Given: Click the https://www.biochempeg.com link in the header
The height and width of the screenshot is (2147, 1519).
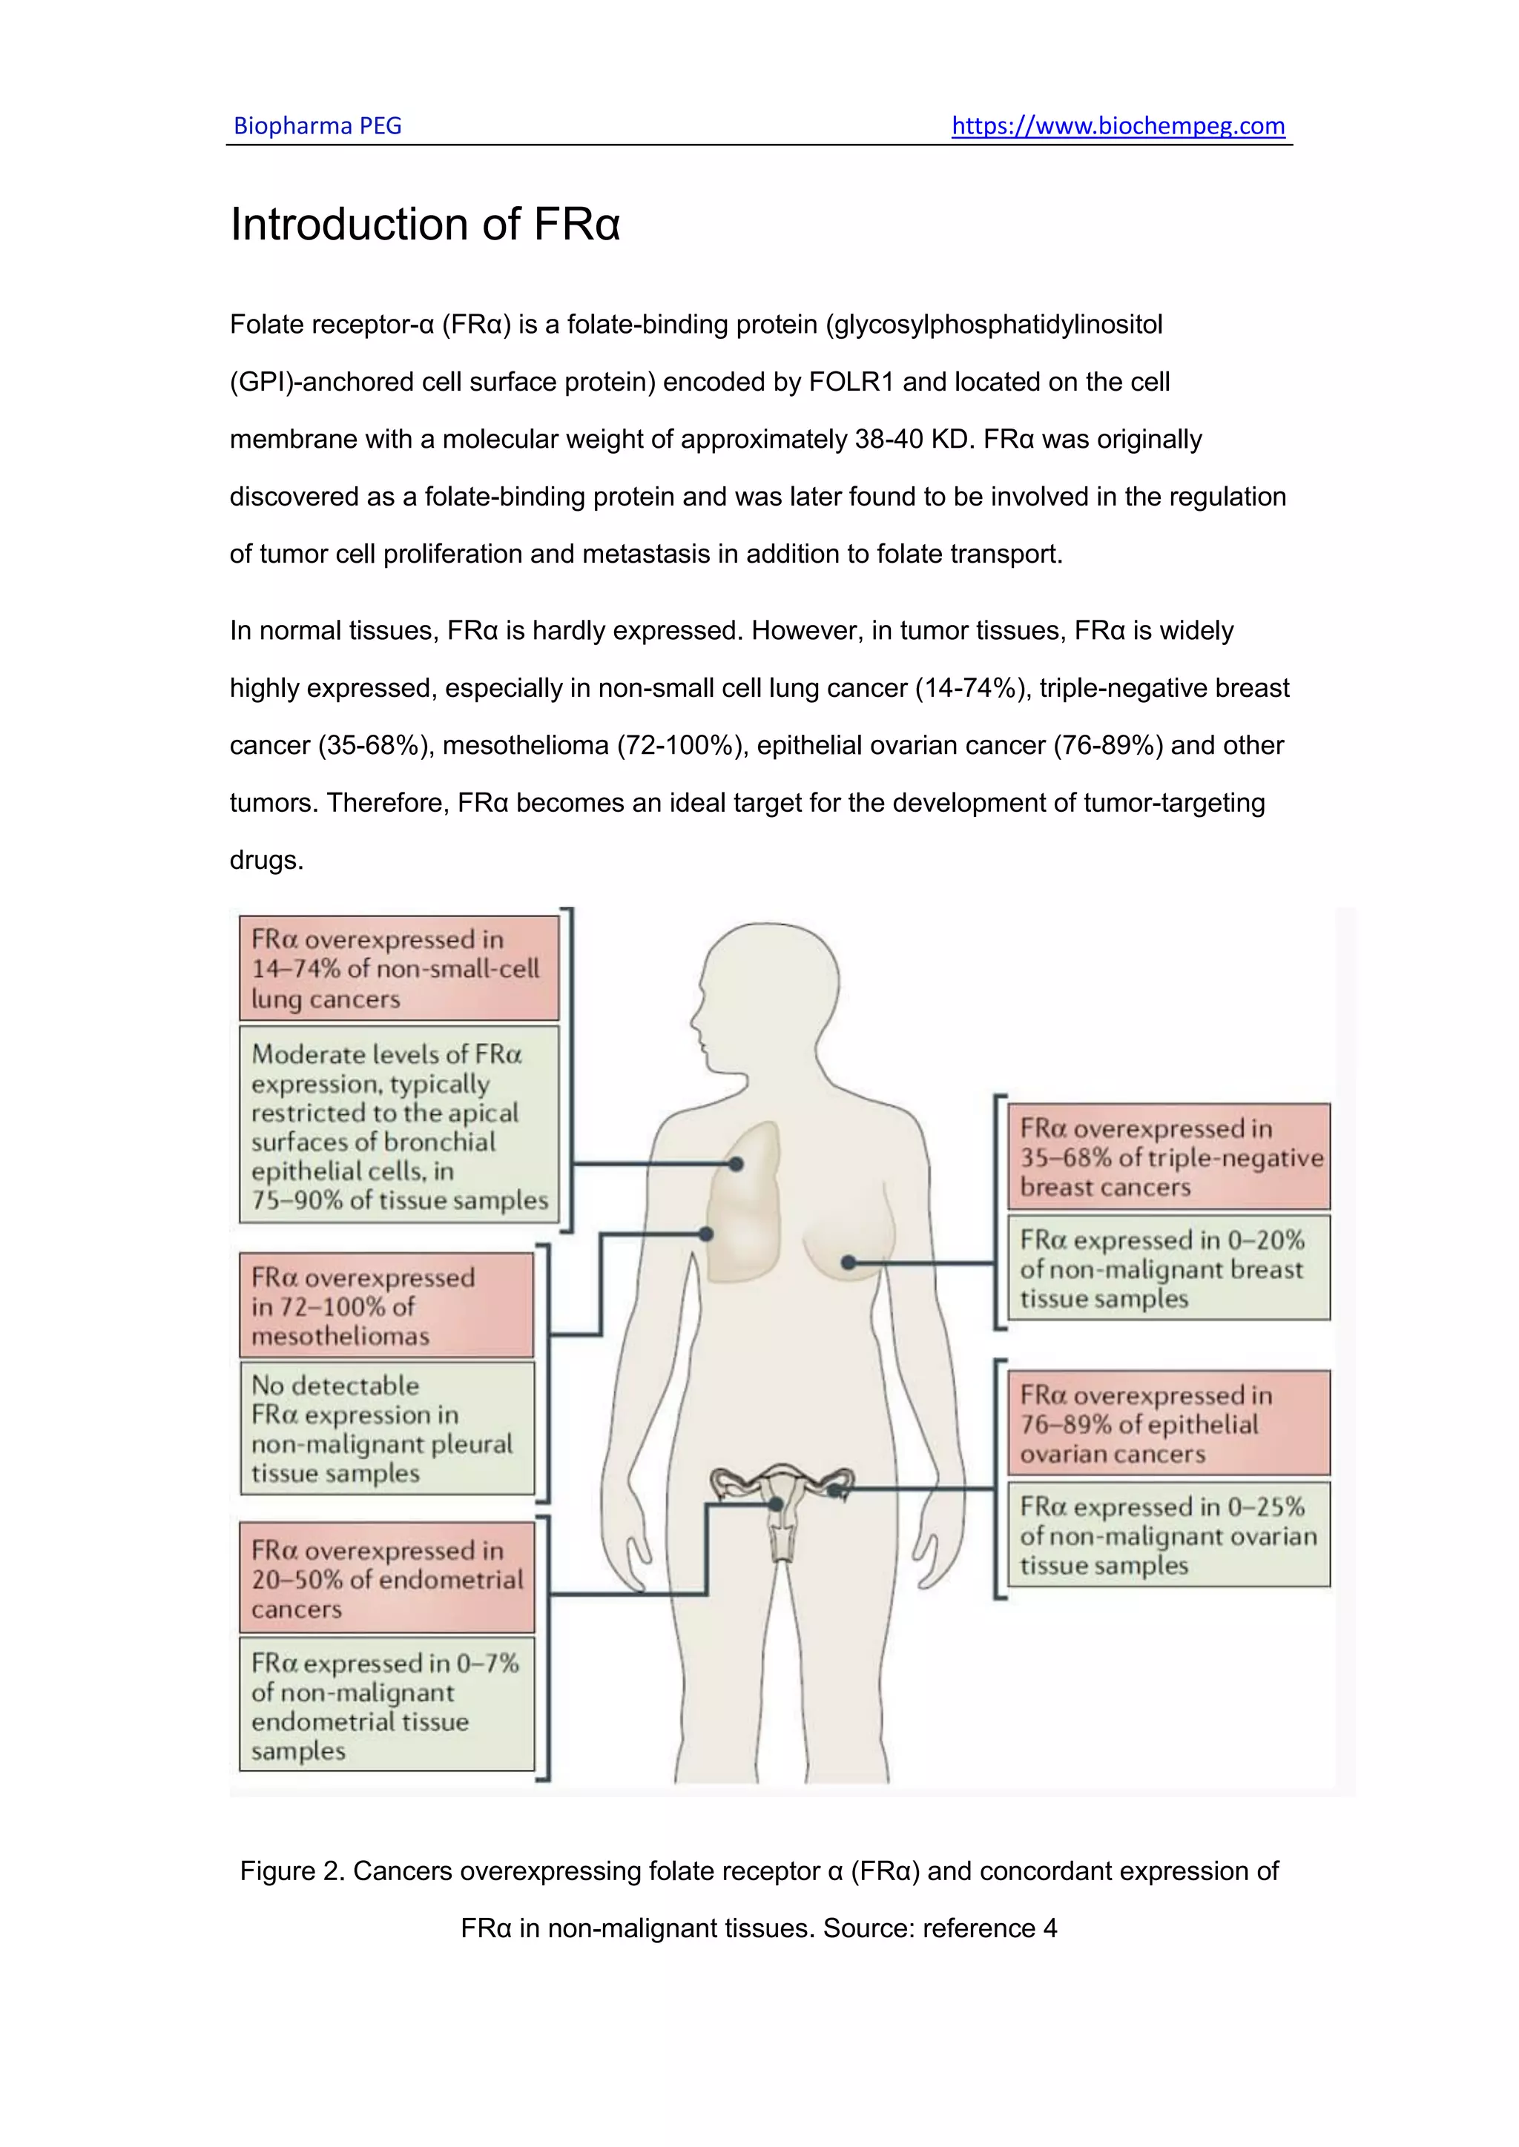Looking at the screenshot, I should (1118, 125).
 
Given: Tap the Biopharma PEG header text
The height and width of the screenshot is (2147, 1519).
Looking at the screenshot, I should (317, 125).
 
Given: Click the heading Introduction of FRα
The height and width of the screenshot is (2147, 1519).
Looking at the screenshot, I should (425, 225).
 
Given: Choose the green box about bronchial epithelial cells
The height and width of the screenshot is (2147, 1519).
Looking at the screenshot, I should (399, 1126).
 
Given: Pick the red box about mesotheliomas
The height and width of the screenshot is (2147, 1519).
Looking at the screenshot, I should (386, 1306).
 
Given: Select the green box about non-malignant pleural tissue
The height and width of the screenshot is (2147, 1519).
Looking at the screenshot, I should (386, 1429).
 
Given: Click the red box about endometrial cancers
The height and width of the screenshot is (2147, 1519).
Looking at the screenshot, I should (386, 1578).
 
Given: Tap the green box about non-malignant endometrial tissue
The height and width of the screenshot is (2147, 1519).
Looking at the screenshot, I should (386, 1704).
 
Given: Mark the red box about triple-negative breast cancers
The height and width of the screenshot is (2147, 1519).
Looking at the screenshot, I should (1169, 1157).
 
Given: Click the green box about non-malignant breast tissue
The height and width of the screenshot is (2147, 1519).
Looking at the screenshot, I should (1169, 1268).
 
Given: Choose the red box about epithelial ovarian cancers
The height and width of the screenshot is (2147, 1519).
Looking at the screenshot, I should (1169, 1423).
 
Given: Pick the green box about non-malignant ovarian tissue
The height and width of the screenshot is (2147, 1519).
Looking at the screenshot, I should (1169, 1535).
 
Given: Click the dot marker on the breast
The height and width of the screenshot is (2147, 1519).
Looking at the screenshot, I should (849, 1263).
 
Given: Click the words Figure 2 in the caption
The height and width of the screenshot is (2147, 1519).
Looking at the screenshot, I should (291, 1871).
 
